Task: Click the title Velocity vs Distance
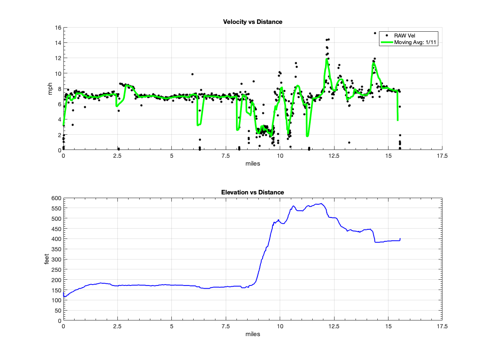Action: [x=253, y=22]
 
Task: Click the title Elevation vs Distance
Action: [x=253, y=192]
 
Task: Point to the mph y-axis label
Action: [x=50, y=89]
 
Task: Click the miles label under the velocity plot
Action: [x=253, y=164]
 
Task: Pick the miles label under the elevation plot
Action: [x=253, y=334]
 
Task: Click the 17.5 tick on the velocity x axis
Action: [x=442, y=156]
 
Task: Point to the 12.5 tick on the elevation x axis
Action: [x=334, y=326]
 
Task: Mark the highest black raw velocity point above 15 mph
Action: [x=375, y=33]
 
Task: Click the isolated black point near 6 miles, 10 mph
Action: [x=192, y=74]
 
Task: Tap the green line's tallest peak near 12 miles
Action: [x=327, y=59]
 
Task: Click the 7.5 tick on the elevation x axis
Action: [x=226, y=326]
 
